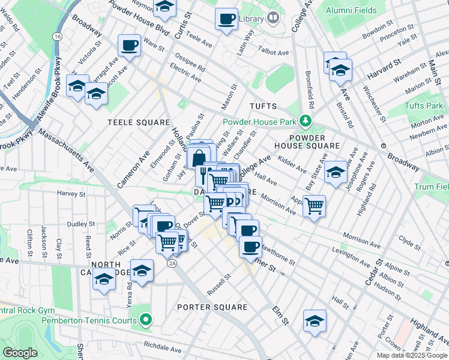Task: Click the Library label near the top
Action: point(252,19)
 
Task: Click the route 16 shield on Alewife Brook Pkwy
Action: point(57,37)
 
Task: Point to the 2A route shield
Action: point(173,263)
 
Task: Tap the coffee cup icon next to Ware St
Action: point(129,45)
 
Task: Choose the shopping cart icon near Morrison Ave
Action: point(314,206)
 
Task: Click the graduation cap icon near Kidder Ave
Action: point(336,172)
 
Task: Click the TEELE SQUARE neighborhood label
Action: point(139,122)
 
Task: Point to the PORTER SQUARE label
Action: point(212,307)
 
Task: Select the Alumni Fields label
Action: point(351,10)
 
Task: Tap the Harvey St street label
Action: point(71,194)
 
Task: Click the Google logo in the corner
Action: point(20,353)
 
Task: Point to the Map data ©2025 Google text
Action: point(411,355)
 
